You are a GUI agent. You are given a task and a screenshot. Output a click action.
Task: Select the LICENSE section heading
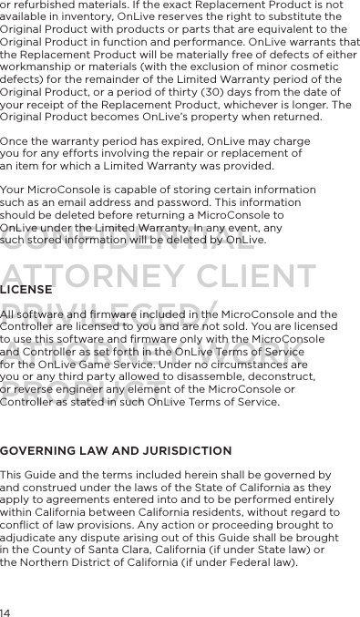pos(26,289)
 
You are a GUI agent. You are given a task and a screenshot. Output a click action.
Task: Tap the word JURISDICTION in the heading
pos(183,451)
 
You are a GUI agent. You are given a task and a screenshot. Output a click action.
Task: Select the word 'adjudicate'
pos(32,539)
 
